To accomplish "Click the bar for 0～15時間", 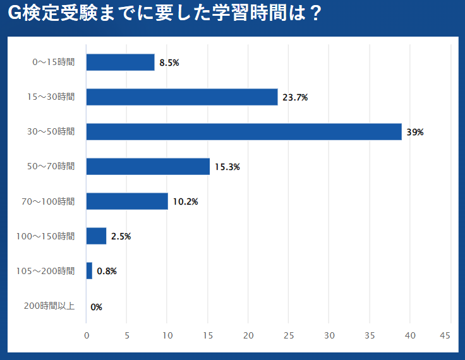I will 120,62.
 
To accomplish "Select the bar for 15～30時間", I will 182,97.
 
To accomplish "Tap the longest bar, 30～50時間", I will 244,131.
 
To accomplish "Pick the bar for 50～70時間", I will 148,166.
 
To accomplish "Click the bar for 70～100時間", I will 127,201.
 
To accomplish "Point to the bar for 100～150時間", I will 96,236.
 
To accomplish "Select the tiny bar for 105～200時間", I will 89,271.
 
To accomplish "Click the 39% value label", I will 415,132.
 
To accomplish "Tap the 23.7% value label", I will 295,97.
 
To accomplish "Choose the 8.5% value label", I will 169,63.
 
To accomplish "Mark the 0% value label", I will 96,307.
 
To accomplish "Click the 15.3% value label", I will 227,167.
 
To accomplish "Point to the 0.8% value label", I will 107,271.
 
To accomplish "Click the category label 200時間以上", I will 49,306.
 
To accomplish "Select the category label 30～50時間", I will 51,131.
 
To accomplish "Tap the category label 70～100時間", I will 48,201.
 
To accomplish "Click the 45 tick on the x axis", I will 445,335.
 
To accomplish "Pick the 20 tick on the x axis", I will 248,335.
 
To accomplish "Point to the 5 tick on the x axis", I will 127,335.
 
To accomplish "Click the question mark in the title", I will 311,14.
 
